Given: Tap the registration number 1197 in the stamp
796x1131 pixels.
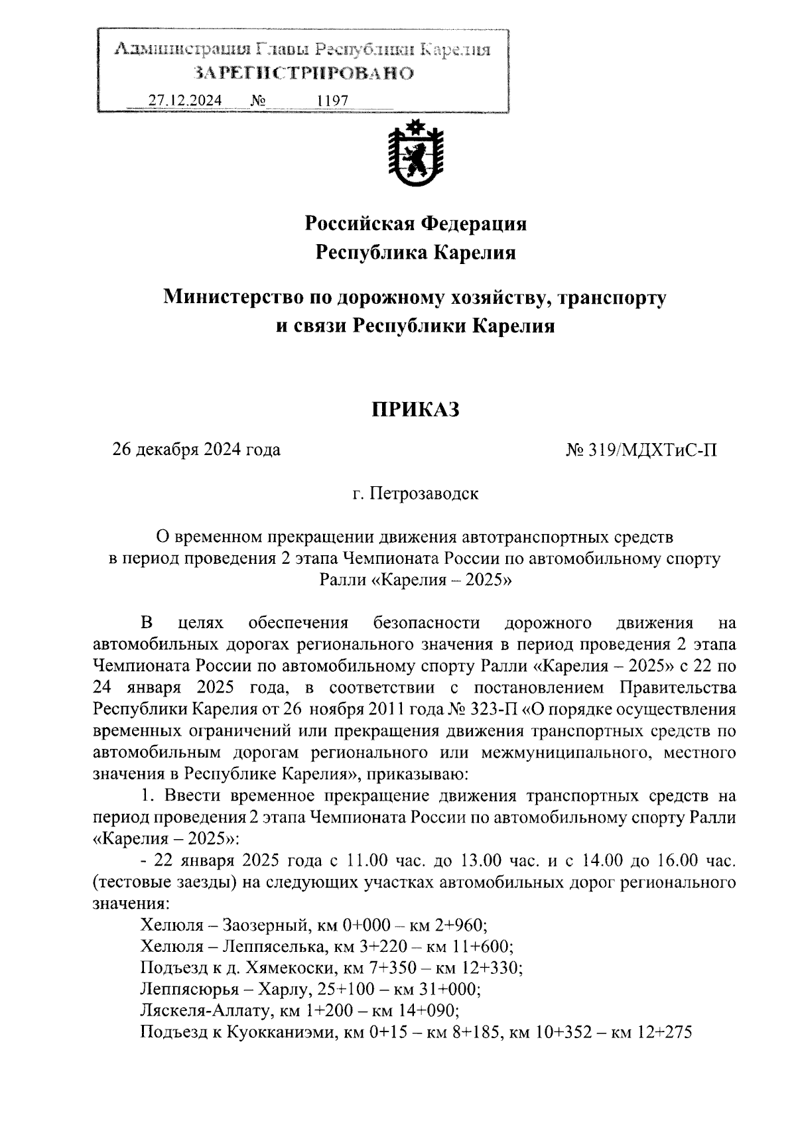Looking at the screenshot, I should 332,100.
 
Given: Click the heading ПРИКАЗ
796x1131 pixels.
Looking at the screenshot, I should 415,409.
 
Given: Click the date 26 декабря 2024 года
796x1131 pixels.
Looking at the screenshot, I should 196,450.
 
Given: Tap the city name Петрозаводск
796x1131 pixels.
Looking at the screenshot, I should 424,494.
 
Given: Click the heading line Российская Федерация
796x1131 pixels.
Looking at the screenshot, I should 415,224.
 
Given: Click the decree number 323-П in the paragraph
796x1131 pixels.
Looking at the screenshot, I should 495,708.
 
